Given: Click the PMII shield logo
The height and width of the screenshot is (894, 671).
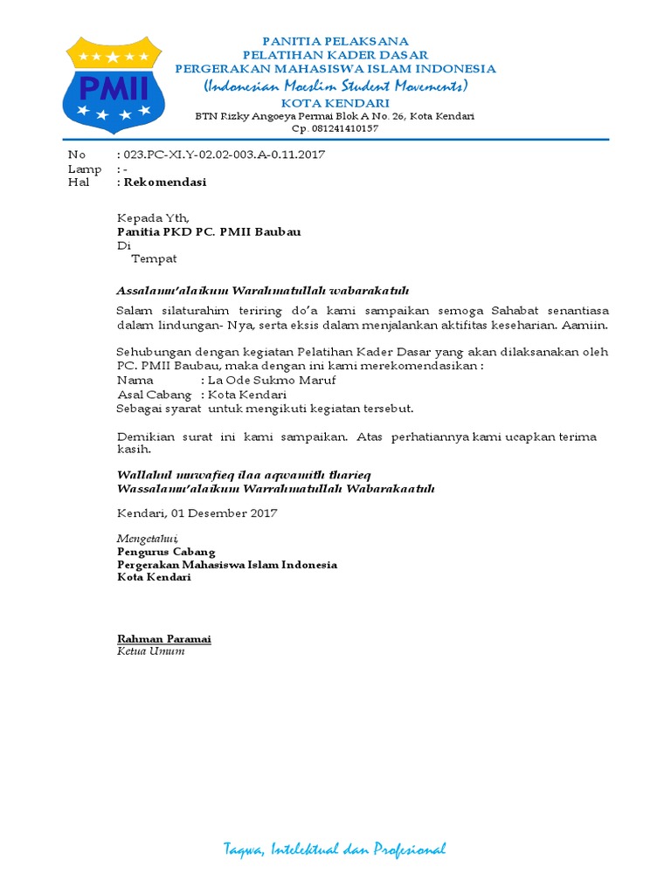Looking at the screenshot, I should coord(112,85).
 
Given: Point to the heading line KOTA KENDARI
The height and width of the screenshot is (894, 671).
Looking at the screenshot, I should coord(335,102).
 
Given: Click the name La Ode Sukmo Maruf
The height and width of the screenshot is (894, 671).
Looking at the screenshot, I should coord(271,381).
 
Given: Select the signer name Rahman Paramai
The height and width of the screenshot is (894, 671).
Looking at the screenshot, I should coord(164,639).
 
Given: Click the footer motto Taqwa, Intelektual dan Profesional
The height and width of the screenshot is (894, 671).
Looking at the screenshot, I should coord(335,849).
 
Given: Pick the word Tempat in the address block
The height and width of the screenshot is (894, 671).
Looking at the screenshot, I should coord(154,259).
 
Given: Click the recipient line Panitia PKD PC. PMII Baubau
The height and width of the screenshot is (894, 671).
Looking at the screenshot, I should coord(209,232).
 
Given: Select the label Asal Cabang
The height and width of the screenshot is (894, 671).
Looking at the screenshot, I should coord(155,395).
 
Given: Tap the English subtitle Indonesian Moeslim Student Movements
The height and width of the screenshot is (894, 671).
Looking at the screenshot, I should coord(335,86).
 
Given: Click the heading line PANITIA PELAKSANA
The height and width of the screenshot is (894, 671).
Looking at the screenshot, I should coord(335,42).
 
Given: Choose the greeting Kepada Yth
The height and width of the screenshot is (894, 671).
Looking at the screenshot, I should coord(152,218).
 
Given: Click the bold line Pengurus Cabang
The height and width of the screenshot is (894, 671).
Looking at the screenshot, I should coord(166,552).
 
